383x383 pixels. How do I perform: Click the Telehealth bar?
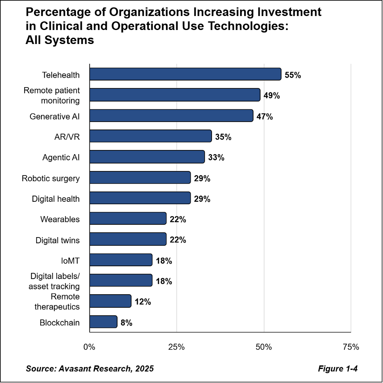pos(185,74)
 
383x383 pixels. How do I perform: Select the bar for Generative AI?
pos(171,116)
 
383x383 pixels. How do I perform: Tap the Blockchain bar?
pos(103,322)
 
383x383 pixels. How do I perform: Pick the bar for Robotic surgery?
pos(140,178)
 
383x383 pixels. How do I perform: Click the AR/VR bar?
pos(150,136)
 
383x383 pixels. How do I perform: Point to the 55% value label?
pos(293,75)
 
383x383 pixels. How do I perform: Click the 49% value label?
pos(272,96)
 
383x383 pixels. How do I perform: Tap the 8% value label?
pos(126,323)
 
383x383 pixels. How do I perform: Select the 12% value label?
pos(143,302)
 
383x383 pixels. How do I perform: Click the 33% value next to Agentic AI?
pos(216,157)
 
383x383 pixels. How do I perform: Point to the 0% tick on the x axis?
pos(89,347)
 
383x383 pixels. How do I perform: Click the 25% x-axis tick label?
pos(176,347)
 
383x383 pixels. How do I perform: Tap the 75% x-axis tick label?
pos(351,347)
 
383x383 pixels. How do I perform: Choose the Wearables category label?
pos(60,219)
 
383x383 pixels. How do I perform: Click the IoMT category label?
pos(70,261)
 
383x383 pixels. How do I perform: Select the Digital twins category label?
pos(58,240)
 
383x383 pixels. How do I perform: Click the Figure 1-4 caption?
pos(337,368)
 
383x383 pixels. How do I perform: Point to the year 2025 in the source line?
pos(144,368)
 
